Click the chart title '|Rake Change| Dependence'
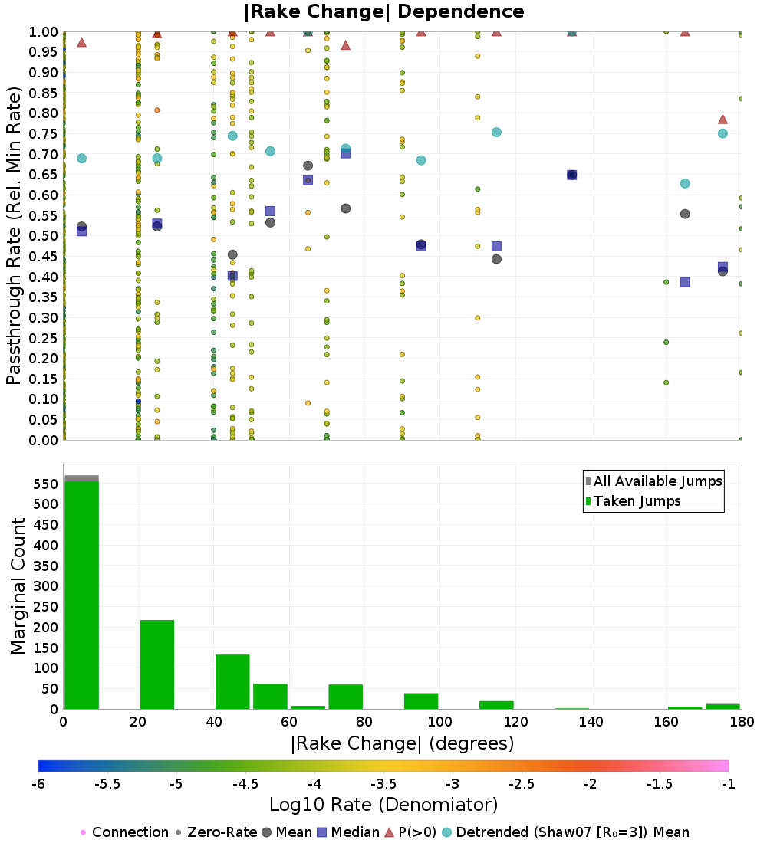pyautogui.click(x=383, y=11)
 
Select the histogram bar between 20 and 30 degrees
pyautogui.click(x=157, y=664)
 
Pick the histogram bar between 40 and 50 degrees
pyautogui.click(x=232, y=682)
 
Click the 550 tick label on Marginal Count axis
pyautogui.click(x=46, y=484)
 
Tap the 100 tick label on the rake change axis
pyautogui.click(x=439, y=721)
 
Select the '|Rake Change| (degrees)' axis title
pyautogui.click(x=402, y=743)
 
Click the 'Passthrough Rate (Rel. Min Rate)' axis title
pyautogui.click(x=14, y=235)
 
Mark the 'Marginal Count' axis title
pyautogui.click(x=18, y=586)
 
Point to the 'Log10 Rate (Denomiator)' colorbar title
pyautogui.click(x=383, y=805)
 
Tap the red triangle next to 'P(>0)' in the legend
pyautogui.click(x=389, y=832)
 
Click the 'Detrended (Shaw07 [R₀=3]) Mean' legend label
pyautogui.click(x=573, y=832)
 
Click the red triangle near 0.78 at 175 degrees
pyautogui.click(x=723, y=120)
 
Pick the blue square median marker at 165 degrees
pyautogui.click(x=685, y=282)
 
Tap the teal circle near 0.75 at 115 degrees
pyautogui.click(x=497, y=133)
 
